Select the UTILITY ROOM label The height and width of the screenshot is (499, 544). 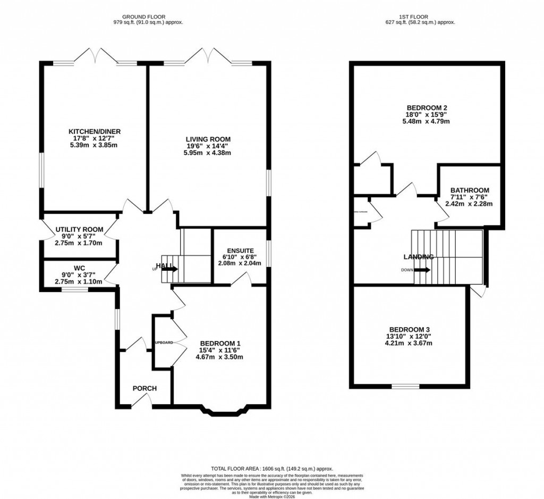coord(79,229)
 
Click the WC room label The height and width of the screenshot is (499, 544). coord(78,269)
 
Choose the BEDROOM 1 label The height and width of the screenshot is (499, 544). coord(220,344)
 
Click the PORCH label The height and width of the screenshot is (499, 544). coord(144,388)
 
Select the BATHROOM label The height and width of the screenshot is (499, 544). coord(470,190)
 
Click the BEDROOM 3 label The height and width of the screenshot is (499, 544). coord(410,329)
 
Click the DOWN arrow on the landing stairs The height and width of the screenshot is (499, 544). coord(422,270)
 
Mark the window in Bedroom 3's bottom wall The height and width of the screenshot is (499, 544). coord(405,386)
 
